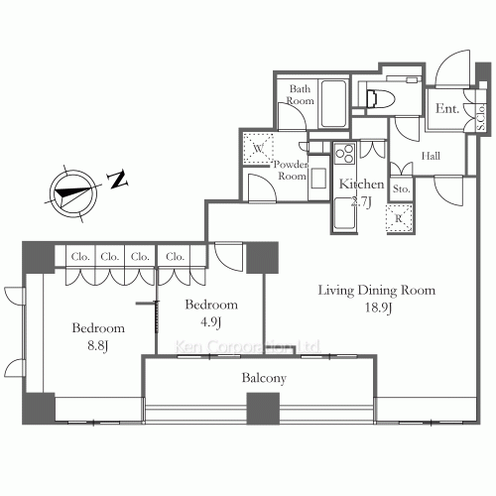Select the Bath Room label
tap(300, 94)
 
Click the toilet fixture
tap(376, 97)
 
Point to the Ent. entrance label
tap(445, 109)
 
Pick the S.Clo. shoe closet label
tap(480, 118)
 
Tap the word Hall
tap(430, 156)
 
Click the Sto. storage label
tap(401, 187)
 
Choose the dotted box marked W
tap(257, 149)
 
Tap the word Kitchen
tap(361, 185)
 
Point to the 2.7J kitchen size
tap(360, 201)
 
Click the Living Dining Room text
tap(376, 291)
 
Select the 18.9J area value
tap(376, 309)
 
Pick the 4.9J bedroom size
tap(210, 321)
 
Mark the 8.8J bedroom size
tap(96, 345)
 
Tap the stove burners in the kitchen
tap(346, 155)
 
